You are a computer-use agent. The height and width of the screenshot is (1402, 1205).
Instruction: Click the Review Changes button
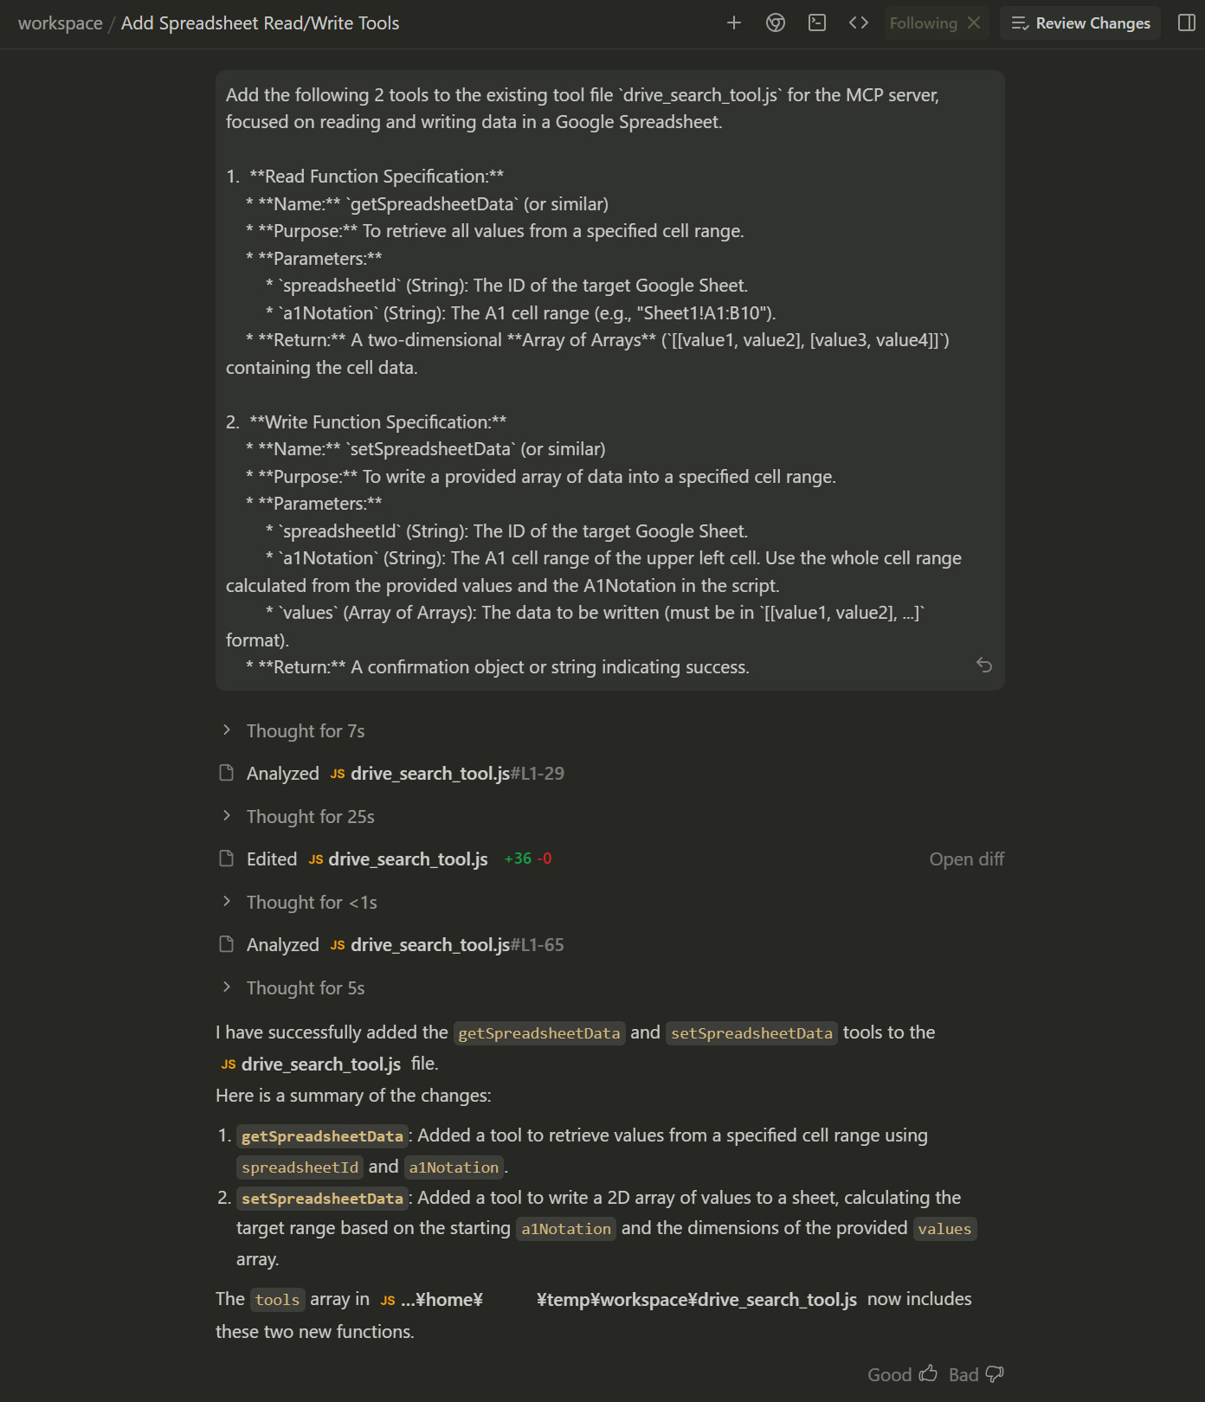coord(1080,23)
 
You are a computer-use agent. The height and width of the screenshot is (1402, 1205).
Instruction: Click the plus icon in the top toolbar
coord(734,23)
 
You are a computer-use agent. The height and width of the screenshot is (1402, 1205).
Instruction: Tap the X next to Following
coord(974,23)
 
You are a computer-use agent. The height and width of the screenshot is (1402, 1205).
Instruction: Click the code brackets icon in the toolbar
coord(859,23)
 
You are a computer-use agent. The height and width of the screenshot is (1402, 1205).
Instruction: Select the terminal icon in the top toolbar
coord(817,23)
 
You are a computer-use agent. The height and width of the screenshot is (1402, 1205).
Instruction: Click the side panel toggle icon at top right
coord(1187,23)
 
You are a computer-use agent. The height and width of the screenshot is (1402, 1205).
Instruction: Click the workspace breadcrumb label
coord(60,23)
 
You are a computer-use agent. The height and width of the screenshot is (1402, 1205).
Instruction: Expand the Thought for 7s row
coord(305,731)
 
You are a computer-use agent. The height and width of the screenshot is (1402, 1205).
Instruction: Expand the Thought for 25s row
coord(310,817)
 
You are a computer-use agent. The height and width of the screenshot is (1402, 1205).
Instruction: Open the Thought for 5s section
coord(305,988)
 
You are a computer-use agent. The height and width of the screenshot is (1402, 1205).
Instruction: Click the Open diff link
coord(966,859)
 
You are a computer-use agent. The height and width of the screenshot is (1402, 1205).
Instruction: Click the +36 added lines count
coord(518,859)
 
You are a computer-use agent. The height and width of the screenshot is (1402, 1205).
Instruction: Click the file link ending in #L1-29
coord(457,774)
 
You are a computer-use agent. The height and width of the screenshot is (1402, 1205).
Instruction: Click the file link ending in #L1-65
coord(457,945)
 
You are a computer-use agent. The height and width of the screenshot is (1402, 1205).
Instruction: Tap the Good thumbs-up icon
coord(928,1374)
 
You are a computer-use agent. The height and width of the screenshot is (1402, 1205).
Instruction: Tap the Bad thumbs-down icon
coord(995,1374)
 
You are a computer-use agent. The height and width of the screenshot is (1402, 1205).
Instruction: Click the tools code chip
coord(277,1300)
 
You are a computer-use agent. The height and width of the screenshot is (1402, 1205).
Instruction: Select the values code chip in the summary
coord(944,1229)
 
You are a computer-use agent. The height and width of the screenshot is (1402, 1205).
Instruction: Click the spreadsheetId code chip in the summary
coord(300,1167)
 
